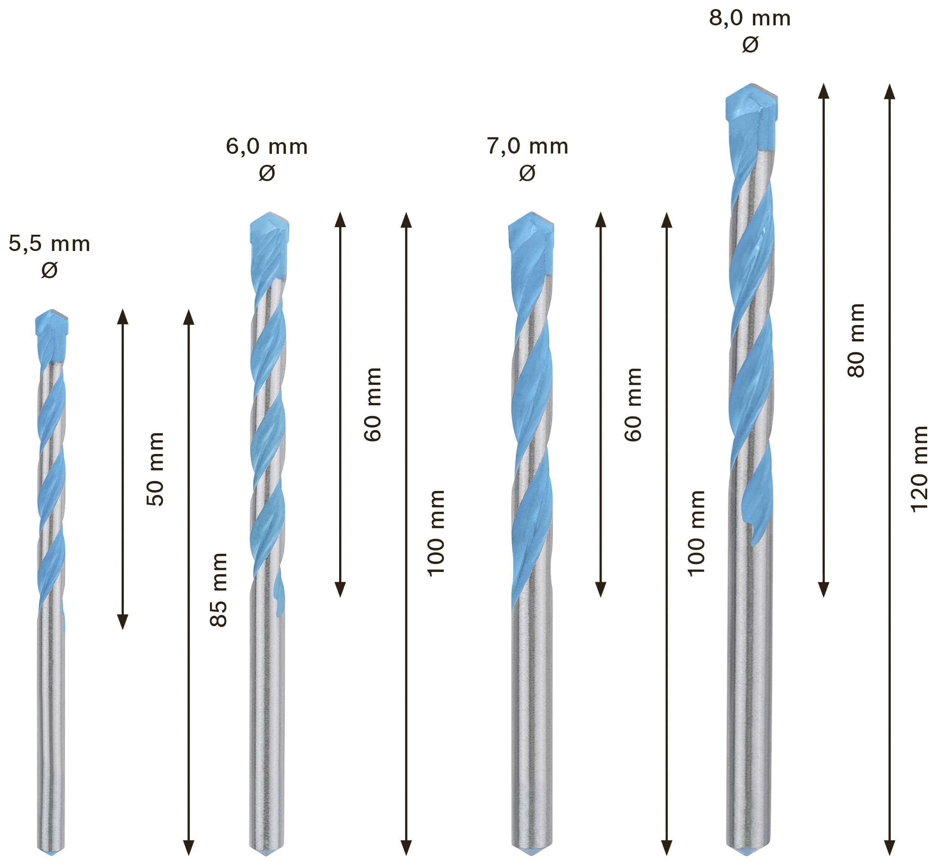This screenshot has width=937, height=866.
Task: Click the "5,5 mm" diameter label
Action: coord(49,245)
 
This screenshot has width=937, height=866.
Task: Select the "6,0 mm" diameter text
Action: coord(266,147)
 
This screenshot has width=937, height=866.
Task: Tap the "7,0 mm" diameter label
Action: coord(527,147)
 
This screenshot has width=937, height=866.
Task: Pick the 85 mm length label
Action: coord(218,590)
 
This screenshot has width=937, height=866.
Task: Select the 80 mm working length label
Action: coord(857,340)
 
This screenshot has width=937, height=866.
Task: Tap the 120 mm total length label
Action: coord(920,469)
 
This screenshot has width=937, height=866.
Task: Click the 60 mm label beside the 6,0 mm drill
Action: coord(373,404)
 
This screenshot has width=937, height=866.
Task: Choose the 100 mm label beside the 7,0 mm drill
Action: coord(696,533)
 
